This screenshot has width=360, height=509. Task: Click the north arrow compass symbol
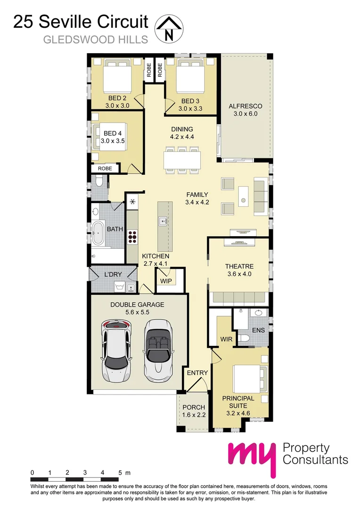(x=169, y=28)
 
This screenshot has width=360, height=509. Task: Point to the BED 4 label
(x=113, y=133)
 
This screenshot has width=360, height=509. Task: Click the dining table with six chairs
(x=182, y=159)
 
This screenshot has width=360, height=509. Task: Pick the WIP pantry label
(x=166, y=281)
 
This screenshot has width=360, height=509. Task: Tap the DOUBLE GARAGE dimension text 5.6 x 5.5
(x=137, y=312)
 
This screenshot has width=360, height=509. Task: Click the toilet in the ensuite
(x=243, y=339)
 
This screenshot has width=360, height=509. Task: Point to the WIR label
(x=223, y=339)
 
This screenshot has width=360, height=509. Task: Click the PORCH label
(x=194, y=407)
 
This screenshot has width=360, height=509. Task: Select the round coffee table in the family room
(x=243, y=201)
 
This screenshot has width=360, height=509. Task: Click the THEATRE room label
(x=239, y=266)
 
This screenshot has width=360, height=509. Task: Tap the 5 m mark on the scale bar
(x=121, y=472)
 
